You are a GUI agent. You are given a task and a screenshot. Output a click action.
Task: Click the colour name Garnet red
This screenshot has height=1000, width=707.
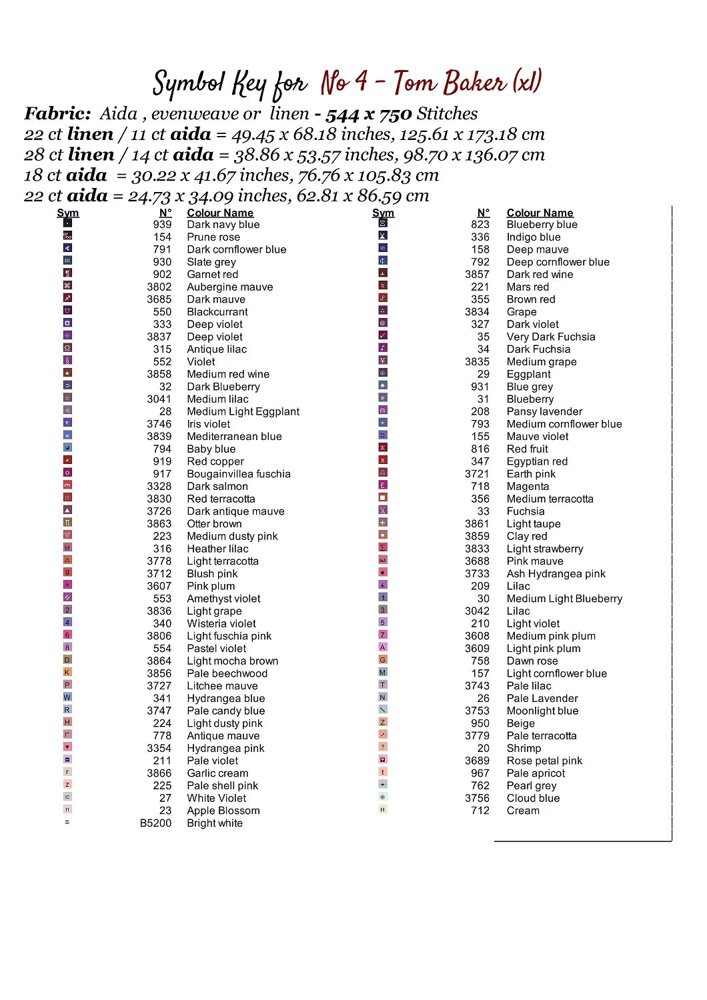[x=212, y=275]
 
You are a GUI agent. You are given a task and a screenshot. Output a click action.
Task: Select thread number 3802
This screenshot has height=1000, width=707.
[x=159, y=287]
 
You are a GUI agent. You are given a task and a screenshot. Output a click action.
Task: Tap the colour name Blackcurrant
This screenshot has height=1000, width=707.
[x=217, y=312]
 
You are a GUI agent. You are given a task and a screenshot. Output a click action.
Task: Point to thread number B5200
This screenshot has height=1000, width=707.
[x=155, y=823]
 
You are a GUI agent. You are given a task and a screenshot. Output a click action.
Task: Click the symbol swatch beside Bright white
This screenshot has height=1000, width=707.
[x=67, y=823]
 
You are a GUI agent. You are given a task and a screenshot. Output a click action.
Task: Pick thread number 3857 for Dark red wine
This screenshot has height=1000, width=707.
[x=477, y=275]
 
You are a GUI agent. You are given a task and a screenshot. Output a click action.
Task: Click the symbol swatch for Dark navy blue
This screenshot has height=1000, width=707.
[x=67, y=223]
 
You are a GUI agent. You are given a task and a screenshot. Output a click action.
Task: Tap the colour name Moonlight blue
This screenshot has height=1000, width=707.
[x=542, y=711]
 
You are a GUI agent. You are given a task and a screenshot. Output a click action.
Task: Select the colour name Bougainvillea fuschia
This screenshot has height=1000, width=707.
[x=238, y=474]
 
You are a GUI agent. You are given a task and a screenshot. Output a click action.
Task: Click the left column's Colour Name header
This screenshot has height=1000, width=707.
[x=220, y=213]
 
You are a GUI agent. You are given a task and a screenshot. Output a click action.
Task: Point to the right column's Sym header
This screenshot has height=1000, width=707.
[x=383, y=213]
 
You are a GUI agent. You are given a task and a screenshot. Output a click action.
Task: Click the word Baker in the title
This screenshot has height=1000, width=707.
[x=474, y=83]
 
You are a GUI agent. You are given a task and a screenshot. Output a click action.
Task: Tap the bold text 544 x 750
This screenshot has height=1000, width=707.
[x=368, y=115]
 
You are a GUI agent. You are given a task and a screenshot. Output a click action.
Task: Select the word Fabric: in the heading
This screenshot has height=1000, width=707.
[x=57, y=114]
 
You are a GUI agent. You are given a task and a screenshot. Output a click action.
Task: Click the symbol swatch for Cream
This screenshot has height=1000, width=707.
[x=383, y=809]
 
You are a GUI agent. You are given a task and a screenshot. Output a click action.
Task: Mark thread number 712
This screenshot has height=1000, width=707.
[x=480, y=811]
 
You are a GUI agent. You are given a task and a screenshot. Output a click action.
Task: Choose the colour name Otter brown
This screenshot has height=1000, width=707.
[x=214, y=524]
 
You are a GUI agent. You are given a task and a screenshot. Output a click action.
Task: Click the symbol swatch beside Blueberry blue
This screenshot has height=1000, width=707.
[x=383, y=223]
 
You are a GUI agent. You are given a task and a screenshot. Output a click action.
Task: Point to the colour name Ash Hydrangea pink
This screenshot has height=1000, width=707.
[x=556, y=574]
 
